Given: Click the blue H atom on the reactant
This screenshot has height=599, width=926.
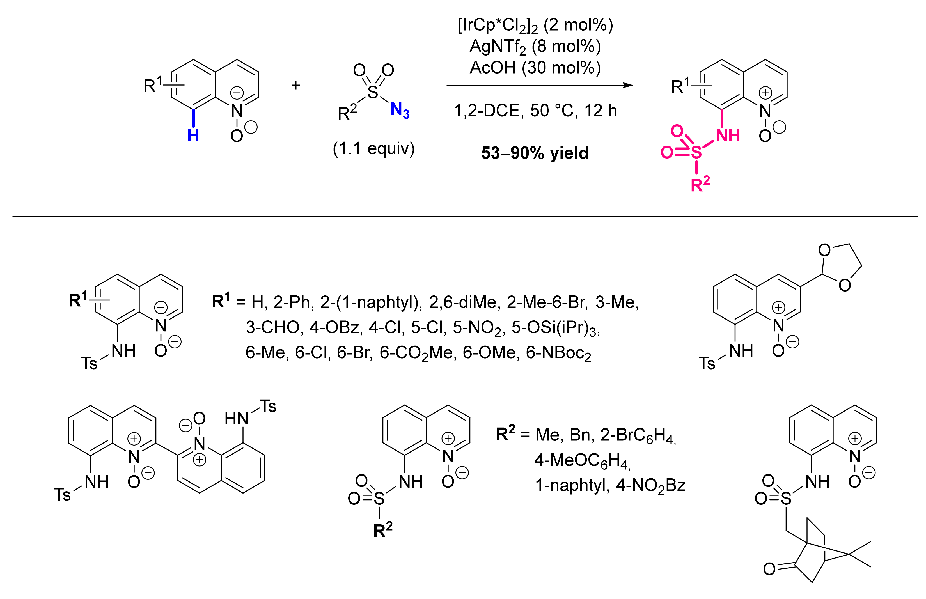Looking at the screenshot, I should [193, 135].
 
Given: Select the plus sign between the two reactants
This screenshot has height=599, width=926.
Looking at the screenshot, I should [295, 85].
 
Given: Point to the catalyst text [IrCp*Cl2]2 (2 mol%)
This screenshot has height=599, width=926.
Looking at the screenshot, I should [535, 26].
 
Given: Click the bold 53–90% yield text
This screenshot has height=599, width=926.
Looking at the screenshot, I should [535, 153].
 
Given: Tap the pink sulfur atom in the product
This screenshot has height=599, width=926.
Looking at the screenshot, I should [696, 152].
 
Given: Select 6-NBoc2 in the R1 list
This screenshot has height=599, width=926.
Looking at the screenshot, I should [558, 353].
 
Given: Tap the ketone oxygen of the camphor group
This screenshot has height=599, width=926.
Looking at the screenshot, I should [769, 569].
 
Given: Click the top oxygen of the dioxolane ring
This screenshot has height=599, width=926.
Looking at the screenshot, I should [824, 250].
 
